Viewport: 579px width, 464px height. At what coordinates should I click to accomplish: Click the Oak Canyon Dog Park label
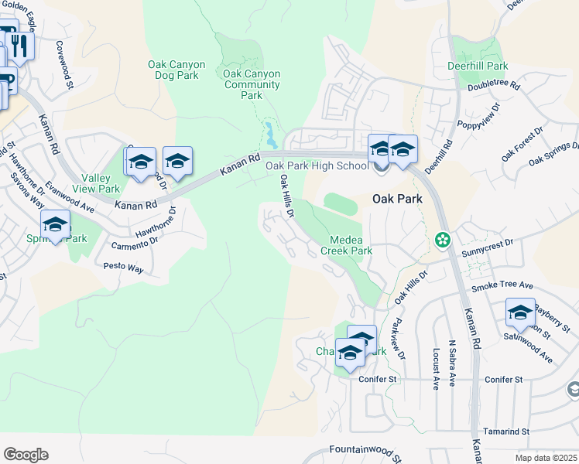pos(173,70)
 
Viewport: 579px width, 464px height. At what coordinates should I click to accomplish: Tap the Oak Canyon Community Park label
pos(252,84)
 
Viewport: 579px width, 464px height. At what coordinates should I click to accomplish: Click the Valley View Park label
pos(96,183)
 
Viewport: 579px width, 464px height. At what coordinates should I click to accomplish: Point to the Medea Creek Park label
pos(347,245)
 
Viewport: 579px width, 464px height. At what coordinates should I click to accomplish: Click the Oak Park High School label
pos(317,165)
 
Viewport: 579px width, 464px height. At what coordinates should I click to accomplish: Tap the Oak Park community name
pos(398,199)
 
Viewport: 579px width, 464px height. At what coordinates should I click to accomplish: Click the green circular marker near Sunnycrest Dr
pos(442,241)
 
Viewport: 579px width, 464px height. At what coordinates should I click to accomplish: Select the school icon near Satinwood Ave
pos(520,313)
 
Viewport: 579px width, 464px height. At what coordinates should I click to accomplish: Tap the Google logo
pos(26,455)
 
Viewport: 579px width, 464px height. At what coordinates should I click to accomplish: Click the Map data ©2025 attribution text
pos(546,458)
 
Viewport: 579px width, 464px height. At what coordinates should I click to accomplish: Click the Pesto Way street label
pos(123,268)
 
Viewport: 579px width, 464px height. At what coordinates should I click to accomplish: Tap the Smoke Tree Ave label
pos(502,285)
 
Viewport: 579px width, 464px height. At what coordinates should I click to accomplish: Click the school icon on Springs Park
pos(55,225)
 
